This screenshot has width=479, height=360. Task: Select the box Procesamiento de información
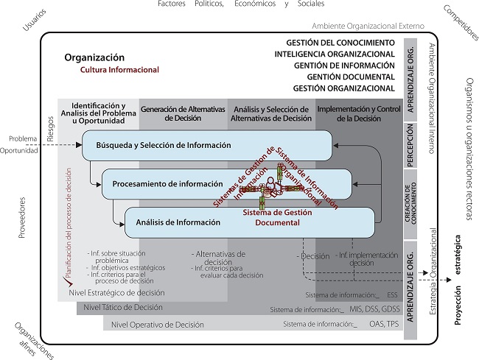coord(169,183)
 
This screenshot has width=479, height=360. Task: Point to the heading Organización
coord(94,57)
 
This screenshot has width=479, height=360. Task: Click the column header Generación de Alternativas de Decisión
coord(182,113)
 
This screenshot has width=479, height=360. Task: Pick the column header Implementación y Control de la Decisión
coord(358,113)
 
